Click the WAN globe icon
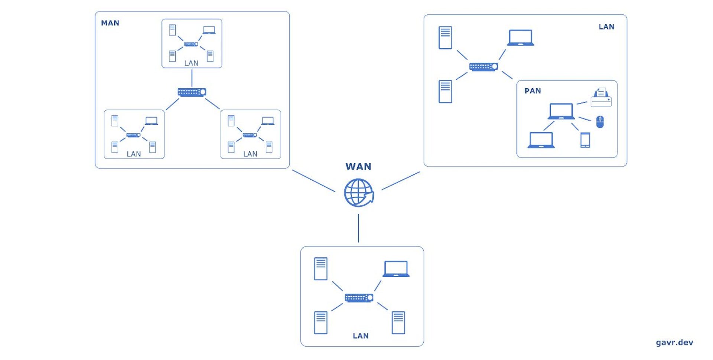[358, 193]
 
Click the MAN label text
[110, 23]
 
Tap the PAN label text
[533, 91]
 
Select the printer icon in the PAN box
[601, 98]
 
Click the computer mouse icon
[600, 121]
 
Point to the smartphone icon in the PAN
[585, 140]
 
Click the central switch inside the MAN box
[192, 92]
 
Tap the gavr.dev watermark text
[674, 342]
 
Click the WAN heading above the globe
[358, 167]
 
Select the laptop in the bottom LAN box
[396, 269]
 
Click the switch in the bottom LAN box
[359, 298]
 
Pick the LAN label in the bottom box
[360, 336]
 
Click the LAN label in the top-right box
[606, 27]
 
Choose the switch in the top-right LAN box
[483, 67]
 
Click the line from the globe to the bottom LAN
[358, 228]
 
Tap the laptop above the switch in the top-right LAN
[520, 38]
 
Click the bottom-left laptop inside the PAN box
[541, 140]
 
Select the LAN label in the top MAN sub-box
[191, 63]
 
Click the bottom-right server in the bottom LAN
[398, 322]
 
